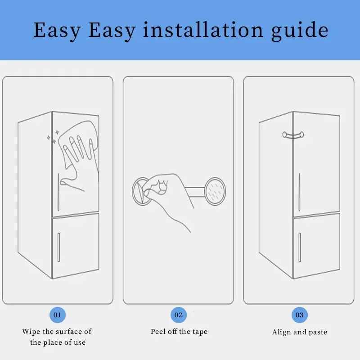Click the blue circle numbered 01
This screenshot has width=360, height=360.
(58, 315)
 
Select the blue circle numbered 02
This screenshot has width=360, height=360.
(178, 315)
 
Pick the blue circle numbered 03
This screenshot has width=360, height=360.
(299, 315)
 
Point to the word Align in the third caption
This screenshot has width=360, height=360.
(282, 333)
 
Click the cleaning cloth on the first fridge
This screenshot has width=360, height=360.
(81, 144)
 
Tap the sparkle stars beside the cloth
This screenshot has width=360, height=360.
(52, 137)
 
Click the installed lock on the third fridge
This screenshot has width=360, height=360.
(293, 134)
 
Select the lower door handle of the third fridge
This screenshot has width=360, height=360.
(299, 247)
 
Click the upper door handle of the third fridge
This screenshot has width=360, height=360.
(299, 192)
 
